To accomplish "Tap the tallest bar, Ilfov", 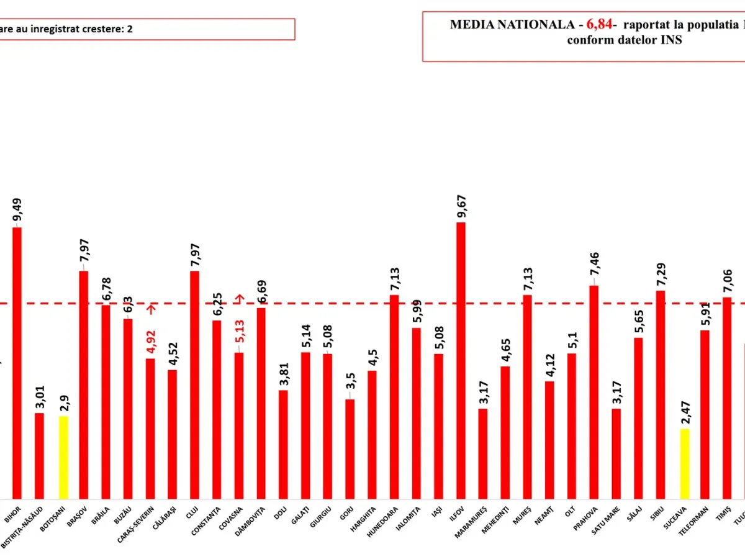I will [461, 360].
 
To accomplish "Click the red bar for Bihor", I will [17, 363].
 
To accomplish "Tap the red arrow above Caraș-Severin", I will [151, 308].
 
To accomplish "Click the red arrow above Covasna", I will [239, 298].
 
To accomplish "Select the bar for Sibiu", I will [661, 394].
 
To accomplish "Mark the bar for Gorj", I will [350, 448].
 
